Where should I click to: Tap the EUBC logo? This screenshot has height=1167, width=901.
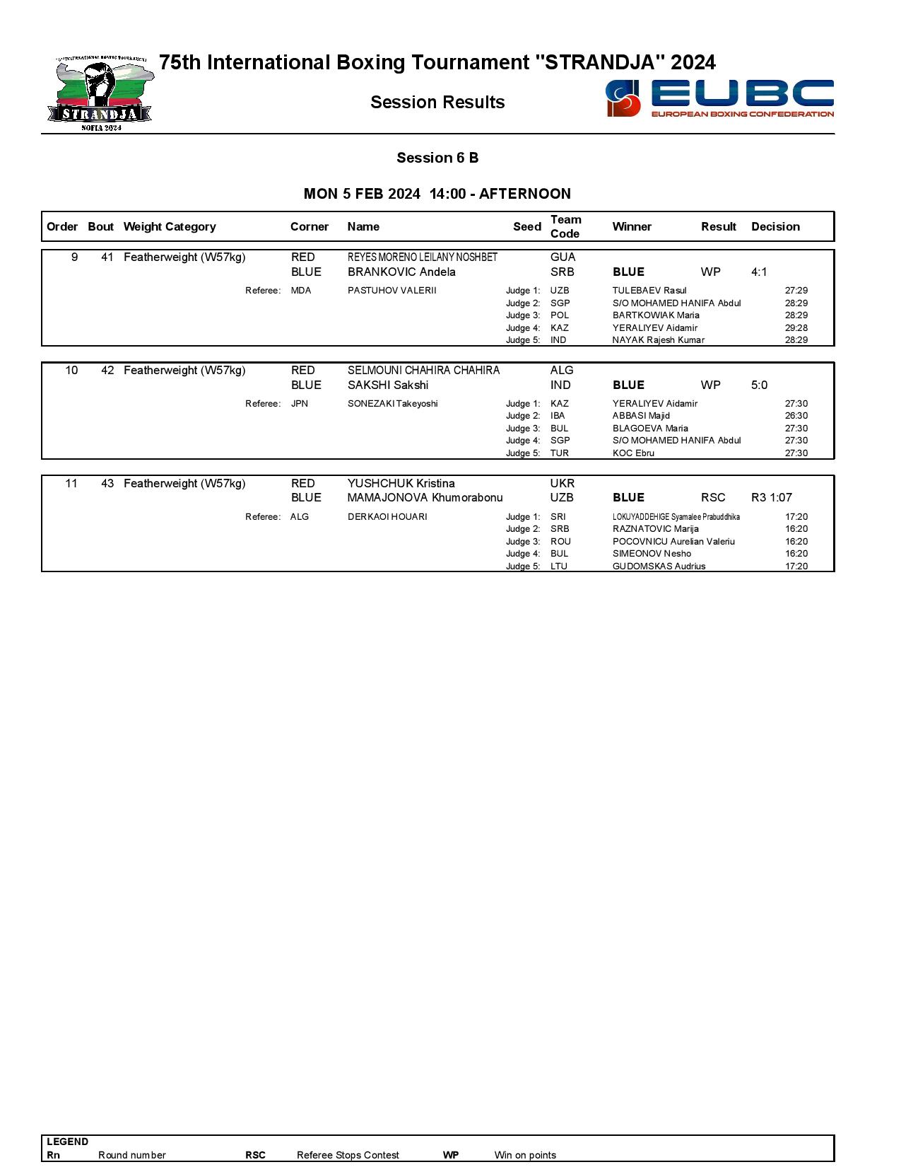[x=719, y=98]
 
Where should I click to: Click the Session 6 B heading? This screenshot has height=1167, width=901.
[x=437, y=158]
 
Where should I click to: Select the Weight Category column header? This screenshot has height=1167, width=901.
[x=170, y=226]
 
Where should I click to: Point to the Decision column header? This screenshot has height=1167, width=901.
[x=775, y=226]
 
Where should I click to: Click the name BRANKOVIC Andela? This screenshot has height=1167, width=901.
[x=401, y=272]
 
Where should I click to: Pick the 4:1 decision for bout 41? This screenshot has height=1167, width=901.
[x=759, y=272]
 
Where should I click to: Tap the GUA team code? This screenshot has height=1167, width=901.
[x=563, y=257]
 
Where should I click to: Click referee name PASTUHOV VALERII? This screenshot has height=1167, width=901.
[x=391, y=291]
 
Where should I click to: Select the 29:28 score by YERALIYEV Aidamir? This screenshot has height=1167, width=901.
[x=796, y=327]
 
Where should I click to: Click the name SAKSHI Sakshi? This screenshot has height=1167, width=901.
[x=388, y=385]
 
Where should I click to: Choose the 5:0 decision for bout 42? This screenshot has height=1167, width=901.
[x=759, y=385]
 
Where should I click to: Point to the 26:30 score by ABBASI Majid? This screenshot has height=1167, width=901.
[x=796, y=416]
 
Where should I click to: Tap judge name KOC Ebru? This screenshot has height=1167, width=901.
[x=633, y=453]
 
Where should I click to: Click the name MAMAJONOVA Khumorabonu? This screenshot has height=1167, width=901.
[x=425, y=497]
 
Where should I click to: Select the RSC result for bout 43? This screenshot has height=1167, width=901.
[x=713, y=497]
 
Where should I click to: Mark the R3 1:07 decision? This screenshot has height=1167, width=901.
[x=772, y=497]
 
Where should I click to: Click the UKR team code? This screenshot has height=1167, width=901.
[x=563, y=483]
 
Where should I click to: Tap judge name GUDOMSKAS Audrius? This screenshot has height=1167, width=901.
[x=659, y=566]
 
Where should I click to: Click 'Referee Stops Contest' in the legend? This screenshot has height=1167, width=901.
[x=348, y=1155]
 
